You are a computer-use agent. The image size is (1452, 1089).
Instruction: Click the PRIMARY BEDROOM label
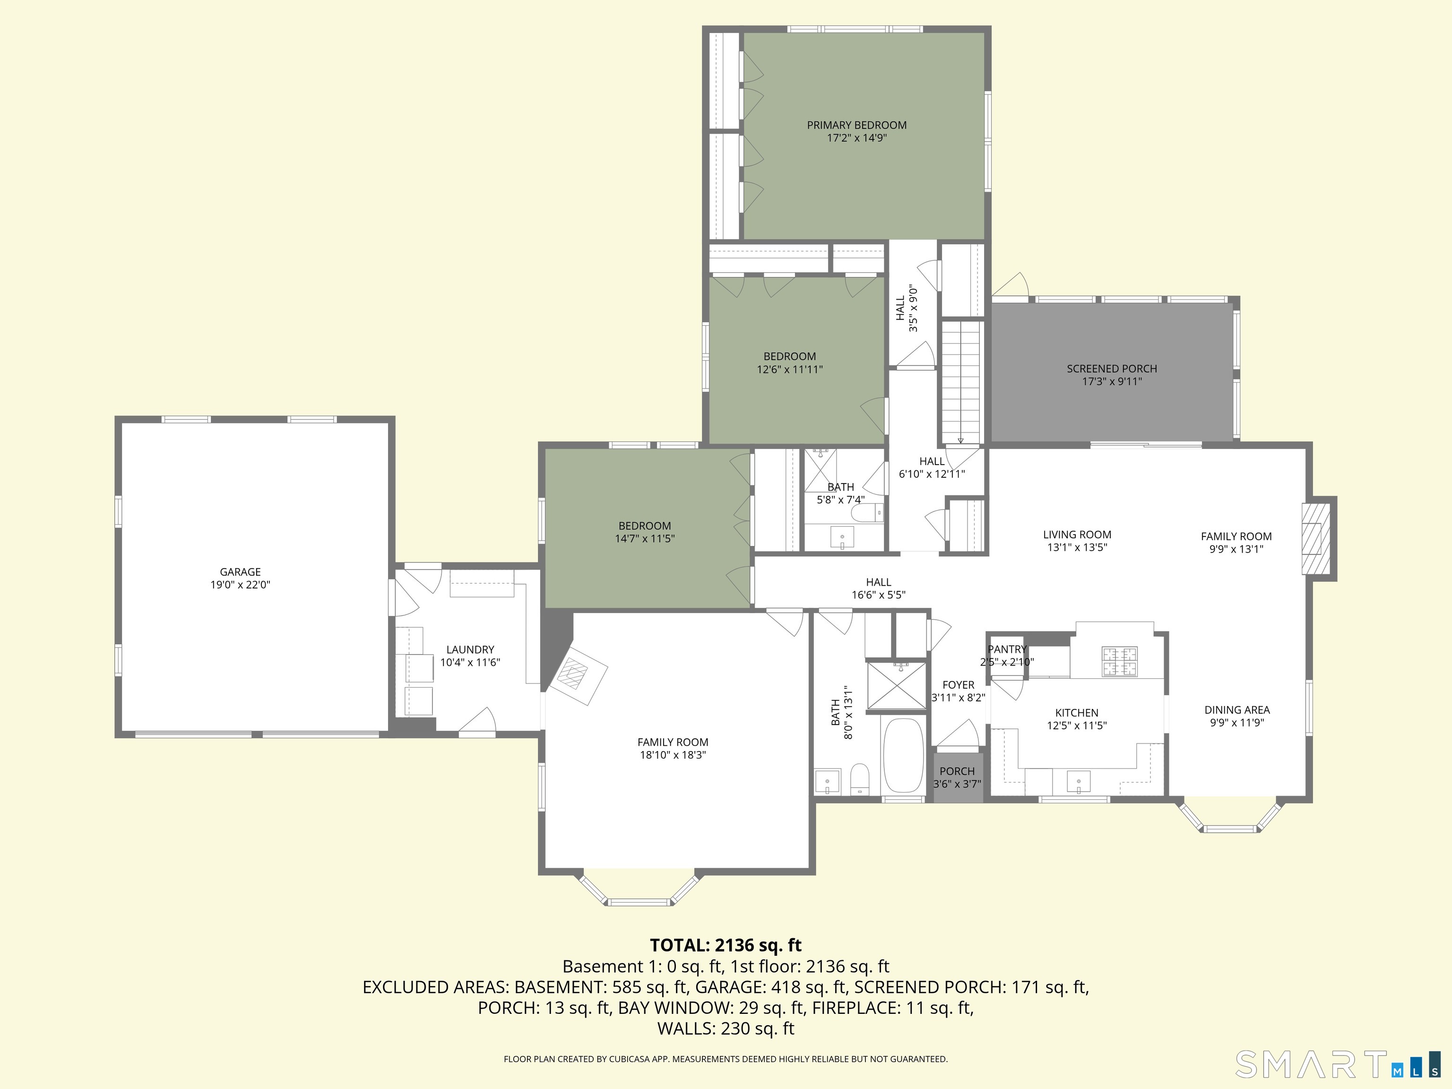click(856, 125)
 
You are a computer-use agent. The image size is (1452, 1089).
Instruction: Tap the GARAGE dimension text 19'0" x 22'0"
click(240, 585)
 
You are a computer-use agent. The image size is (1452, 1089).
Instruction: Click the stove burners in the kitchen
click(1119, 661)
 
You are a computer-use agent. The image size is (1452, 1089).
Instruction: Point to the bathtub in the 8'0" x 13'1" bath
click(903, 755)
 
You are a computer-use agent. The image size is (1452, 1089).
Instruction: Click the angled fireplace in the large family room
click(577, 676)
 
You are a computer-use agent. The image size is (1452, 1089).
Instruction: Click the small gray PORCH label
click(957, 771)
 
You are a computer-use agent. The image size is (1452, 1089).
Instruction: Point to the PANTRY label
click(1007, 649)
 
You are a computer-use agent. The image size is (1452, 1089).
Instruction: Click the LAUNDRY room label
click(470, 649)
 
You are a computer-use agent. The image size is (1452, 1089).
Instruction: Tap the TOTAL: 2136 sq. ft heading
click(726, 945)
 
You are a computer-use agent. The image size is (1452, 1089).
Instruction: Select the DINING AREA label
click(1236, 709)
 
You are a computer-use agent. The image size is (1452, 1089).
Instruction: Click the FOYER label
click(959, 685)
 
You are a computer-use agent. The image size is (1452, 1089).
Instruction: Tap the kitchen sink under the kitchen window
click(1079, 782)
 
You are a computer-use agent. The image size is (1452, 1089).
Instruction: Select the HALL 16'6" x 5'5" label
click(878, 582)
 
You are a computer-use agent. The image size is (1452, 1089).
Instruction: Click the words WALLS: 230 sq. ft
click(726, 1028)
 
